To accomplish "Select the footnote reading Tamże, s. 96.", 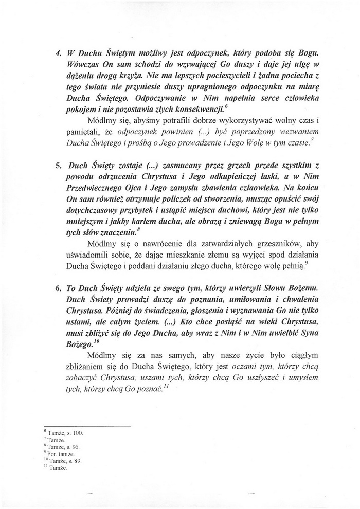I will (65, 447).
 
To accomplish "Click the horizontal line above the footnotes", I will (87, 427).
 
